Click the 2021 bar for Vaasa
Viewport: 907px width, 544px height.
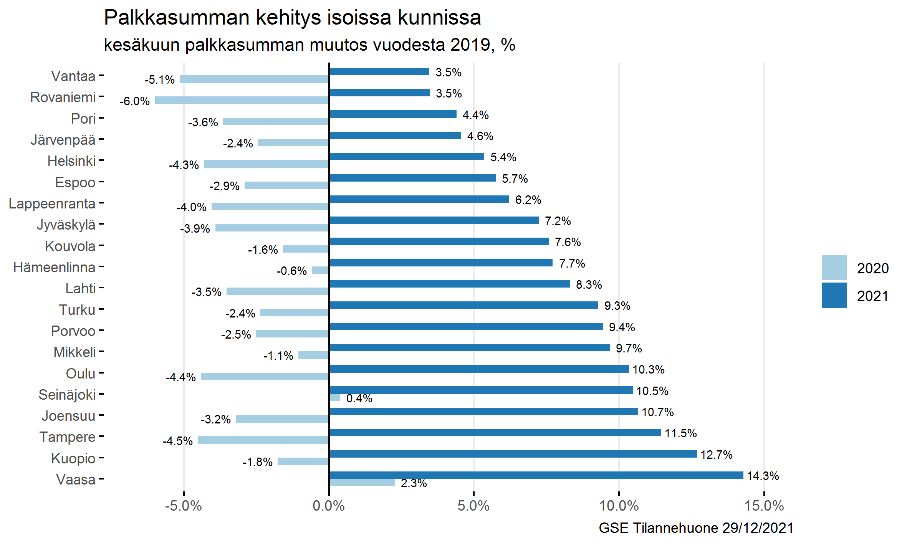pyautogui.click(x=536, y=475)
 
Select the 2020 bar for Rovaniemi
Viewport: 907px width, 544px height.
pyautogui.click(x=242, y=100)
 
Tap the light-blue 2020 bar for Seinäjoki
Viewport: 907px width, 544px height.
pyautogui.click(x=335, y=398)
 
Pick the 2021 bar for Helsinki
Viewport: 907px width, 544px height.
pyautogui.click(x=407, y=156)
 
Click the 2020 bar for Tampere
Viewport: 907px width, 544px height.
pyautogui.click(x=263, y=440)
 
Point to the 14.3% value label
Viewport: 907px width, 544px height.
pyautogui.click(x=763, y=476)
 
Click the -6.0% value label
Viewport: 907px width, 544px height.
pyautogui.click(x=135, y=101)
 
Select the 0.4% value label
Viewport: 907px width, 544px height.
pyautogui.click(x=359, y=398)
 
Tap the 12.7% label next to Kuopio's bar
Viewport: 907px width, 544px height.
pyautogui.click(x=716, y=455)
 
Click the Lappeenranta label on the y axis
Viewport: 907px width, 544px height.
pyautogui.click(x=52, y=203)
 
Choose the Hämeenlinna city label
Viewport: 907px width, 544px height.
pyautogui.click(x=54, y=267)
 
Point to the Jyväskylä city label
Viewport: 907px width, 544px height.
pyautogui.click(x=66, y=225)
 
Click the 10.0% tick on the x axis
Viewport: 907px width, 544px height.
pyautogui.click(x=619, y=506)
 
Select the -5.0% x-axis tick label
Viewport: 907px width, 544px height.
pyautogui.click(x=184, y=506)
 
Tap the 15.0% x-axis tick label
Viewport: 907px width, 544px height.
pyautogui.click(x=764, y=506)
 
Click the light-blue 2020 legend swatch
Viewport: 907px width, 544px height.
pyautogui.click(x=834, y=268)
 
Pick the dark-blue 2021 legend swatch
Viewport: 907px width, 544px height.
pyautogui.click(x=834, y=295)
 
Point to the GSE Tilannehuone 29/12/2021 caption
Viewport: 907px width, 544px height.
pyautogui.click(x=696, y=528)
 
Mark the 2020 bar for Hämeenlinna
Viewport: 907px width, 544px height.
pyautogui.click(x=320, y=270)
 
